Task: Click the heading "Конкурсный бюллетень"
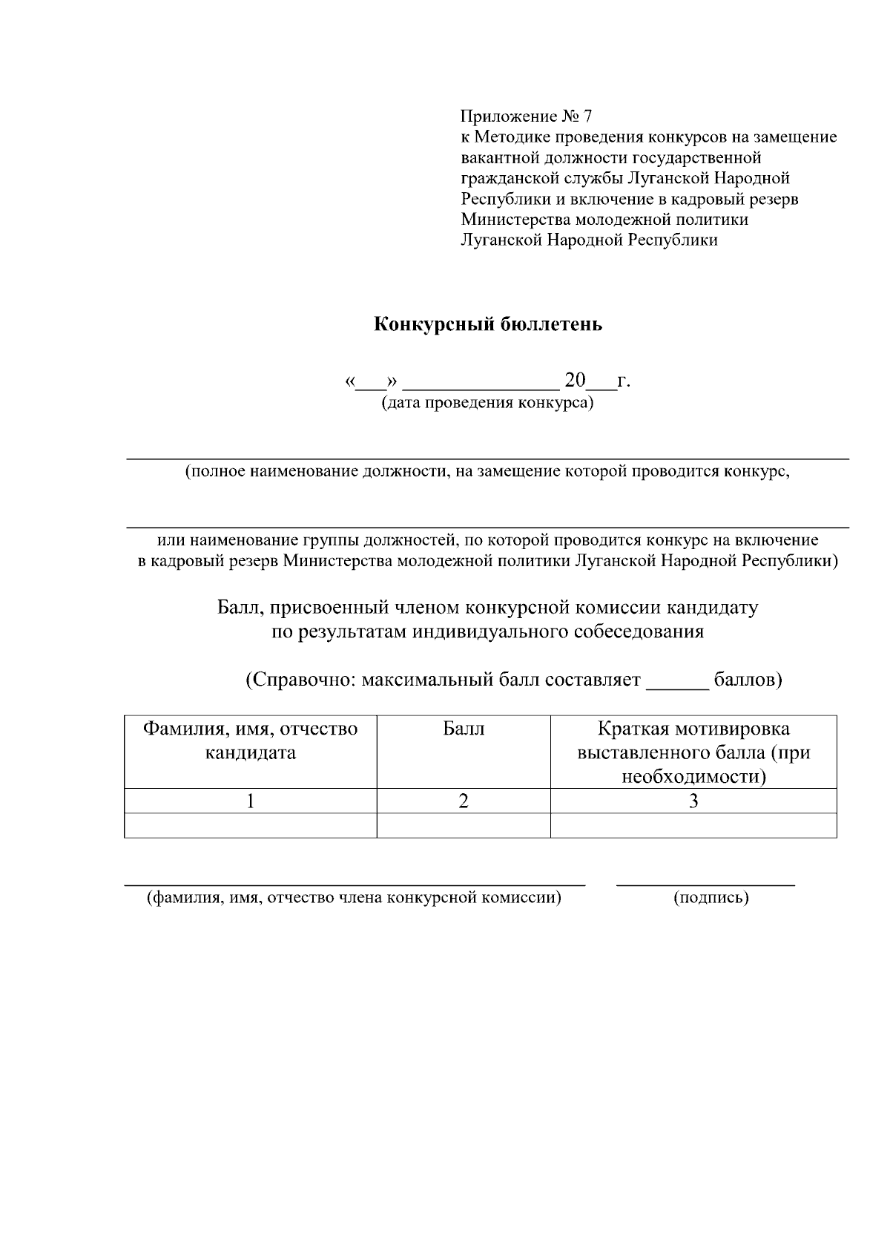(487, 324)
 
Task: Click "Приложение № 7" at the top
(527, 117)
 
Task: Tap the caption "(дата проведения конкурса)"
(487, 403)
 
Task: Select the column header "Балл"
(464, 729)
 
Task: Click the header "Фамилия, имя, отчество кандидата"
(250, 741)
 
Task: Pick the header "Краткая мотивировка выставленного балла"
(693, 752)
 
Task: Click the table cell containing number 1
(250, 801)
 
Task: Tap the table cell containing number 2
(464, 801)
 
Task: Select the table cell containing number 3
(693, 801)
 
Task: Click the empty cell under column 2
(464, 826)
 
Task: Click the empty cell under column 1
(250, 826)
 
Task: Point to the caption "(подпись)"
(711, 898)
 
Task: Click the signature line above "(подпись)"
(705, 883)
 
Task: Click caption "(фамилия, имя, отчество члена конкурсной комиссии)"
(353, 898)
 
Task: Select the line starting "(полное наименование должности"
(487, 472)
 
